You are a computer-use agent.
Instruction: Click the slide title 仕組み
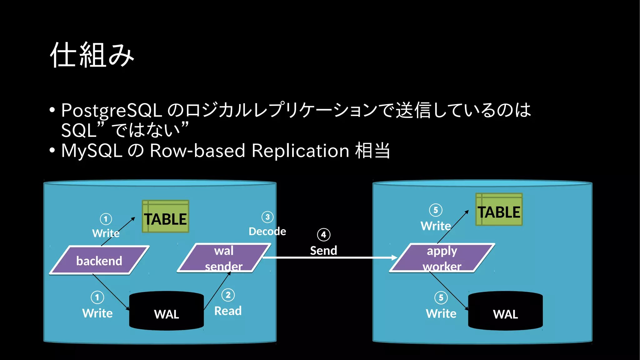[x=92, y=55]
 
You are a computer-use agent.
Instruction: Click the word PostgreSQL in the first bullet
[x=112, y=110]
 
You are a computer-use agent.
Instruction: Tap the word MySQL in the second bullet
[x=92, y=151]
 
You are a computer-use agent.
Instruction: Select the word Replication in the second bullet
[x=300, y=151]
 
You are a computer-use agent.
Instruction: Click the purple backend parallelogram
[x=99, y=260]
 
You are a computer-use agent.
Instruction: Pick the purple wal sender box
[x=224, y=258]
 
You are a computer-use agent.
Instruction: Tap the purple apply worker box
[x=442, y=258]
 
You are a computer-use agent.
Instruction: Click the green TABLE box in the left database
[x=166, y=217]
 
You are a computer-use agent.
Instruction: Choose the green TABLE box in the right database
[x=499, y=210]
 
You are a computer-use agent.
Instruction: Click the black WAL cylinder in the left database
[x=167, y=311]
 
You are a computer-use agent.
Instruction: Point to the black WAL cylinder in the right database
[x=505, y=311]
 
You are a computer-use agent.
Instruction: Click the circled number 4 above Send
[x=323, y=235]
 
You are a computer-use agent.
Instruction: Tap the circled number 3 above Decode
[x=267, y=217]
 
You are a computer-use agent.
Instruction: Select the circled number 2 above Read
[x=228, y=295]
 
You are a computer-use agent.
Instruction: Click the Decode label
[x=267, y=232]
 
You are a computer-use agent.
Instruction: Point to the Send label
[x=323, y=251]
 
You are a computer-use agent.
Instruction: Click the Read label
[x=228, y=311]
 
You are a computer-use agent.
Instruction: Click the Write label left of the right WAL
[x=441, y=313]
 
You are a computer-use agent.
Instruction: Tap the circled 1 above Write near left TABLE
[x=106, y=219]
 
